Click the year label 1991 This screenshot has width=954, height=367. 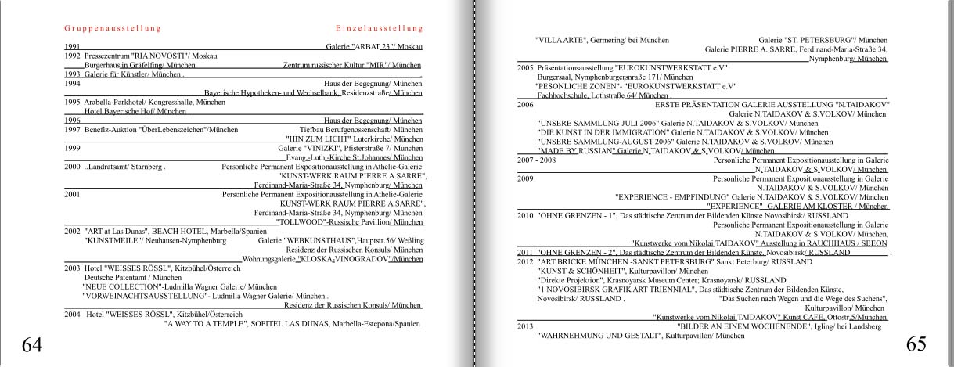[72, 47]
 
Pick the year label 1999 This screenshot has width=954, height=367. [72, 147]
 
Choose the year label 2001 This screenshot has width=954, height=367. [72, 191]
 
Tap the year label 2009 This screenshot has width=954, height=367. [525, 178]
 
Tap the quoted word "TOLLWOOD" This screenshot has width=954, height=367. [301, 222]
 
